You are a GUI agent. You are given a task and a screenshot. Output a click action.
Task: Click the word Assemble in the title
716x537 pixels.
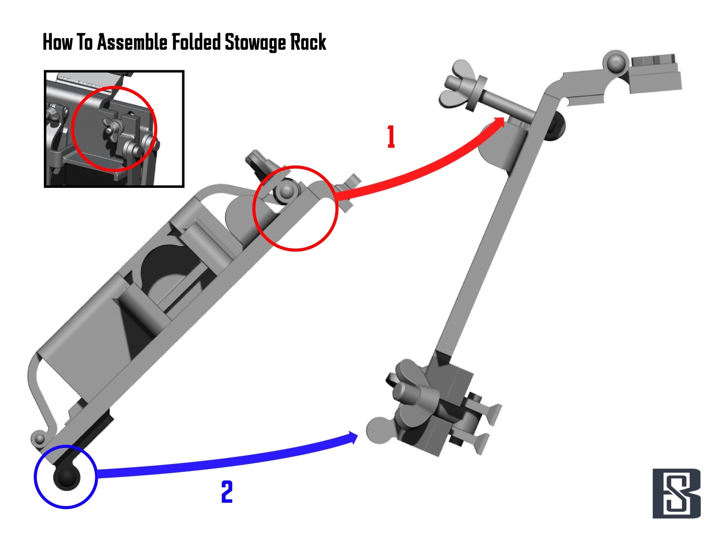point(132,43)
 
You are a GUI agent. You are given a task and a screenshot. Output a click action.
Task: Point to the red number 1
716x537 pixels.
point(391,137)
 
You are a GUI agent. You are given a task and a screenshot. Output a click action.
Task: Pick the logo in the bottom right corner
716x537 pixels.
point(676,493)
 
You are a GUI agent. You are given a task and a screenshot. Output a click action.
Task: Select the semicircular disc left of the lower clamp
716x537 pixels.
point(378,430)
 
